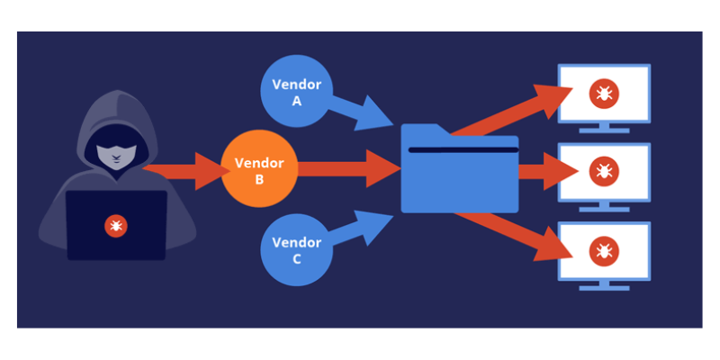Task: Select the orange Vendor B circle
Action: click(x=258, y=170)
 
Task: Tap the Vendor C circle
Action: click(x=296, y=249)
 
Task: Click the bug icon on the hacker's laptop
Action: click(x=114, y=225)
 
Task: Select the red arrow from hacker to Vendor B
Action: click(x=180, y=170)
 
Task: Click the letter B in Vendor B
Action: click(x=258, y=179)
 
